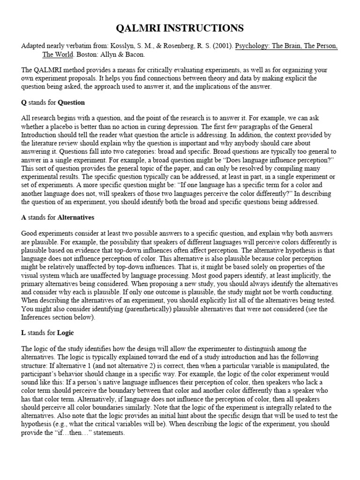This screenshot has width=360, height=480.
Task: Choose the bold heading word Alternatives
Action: pyautogui.click(x=76, y=217)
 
